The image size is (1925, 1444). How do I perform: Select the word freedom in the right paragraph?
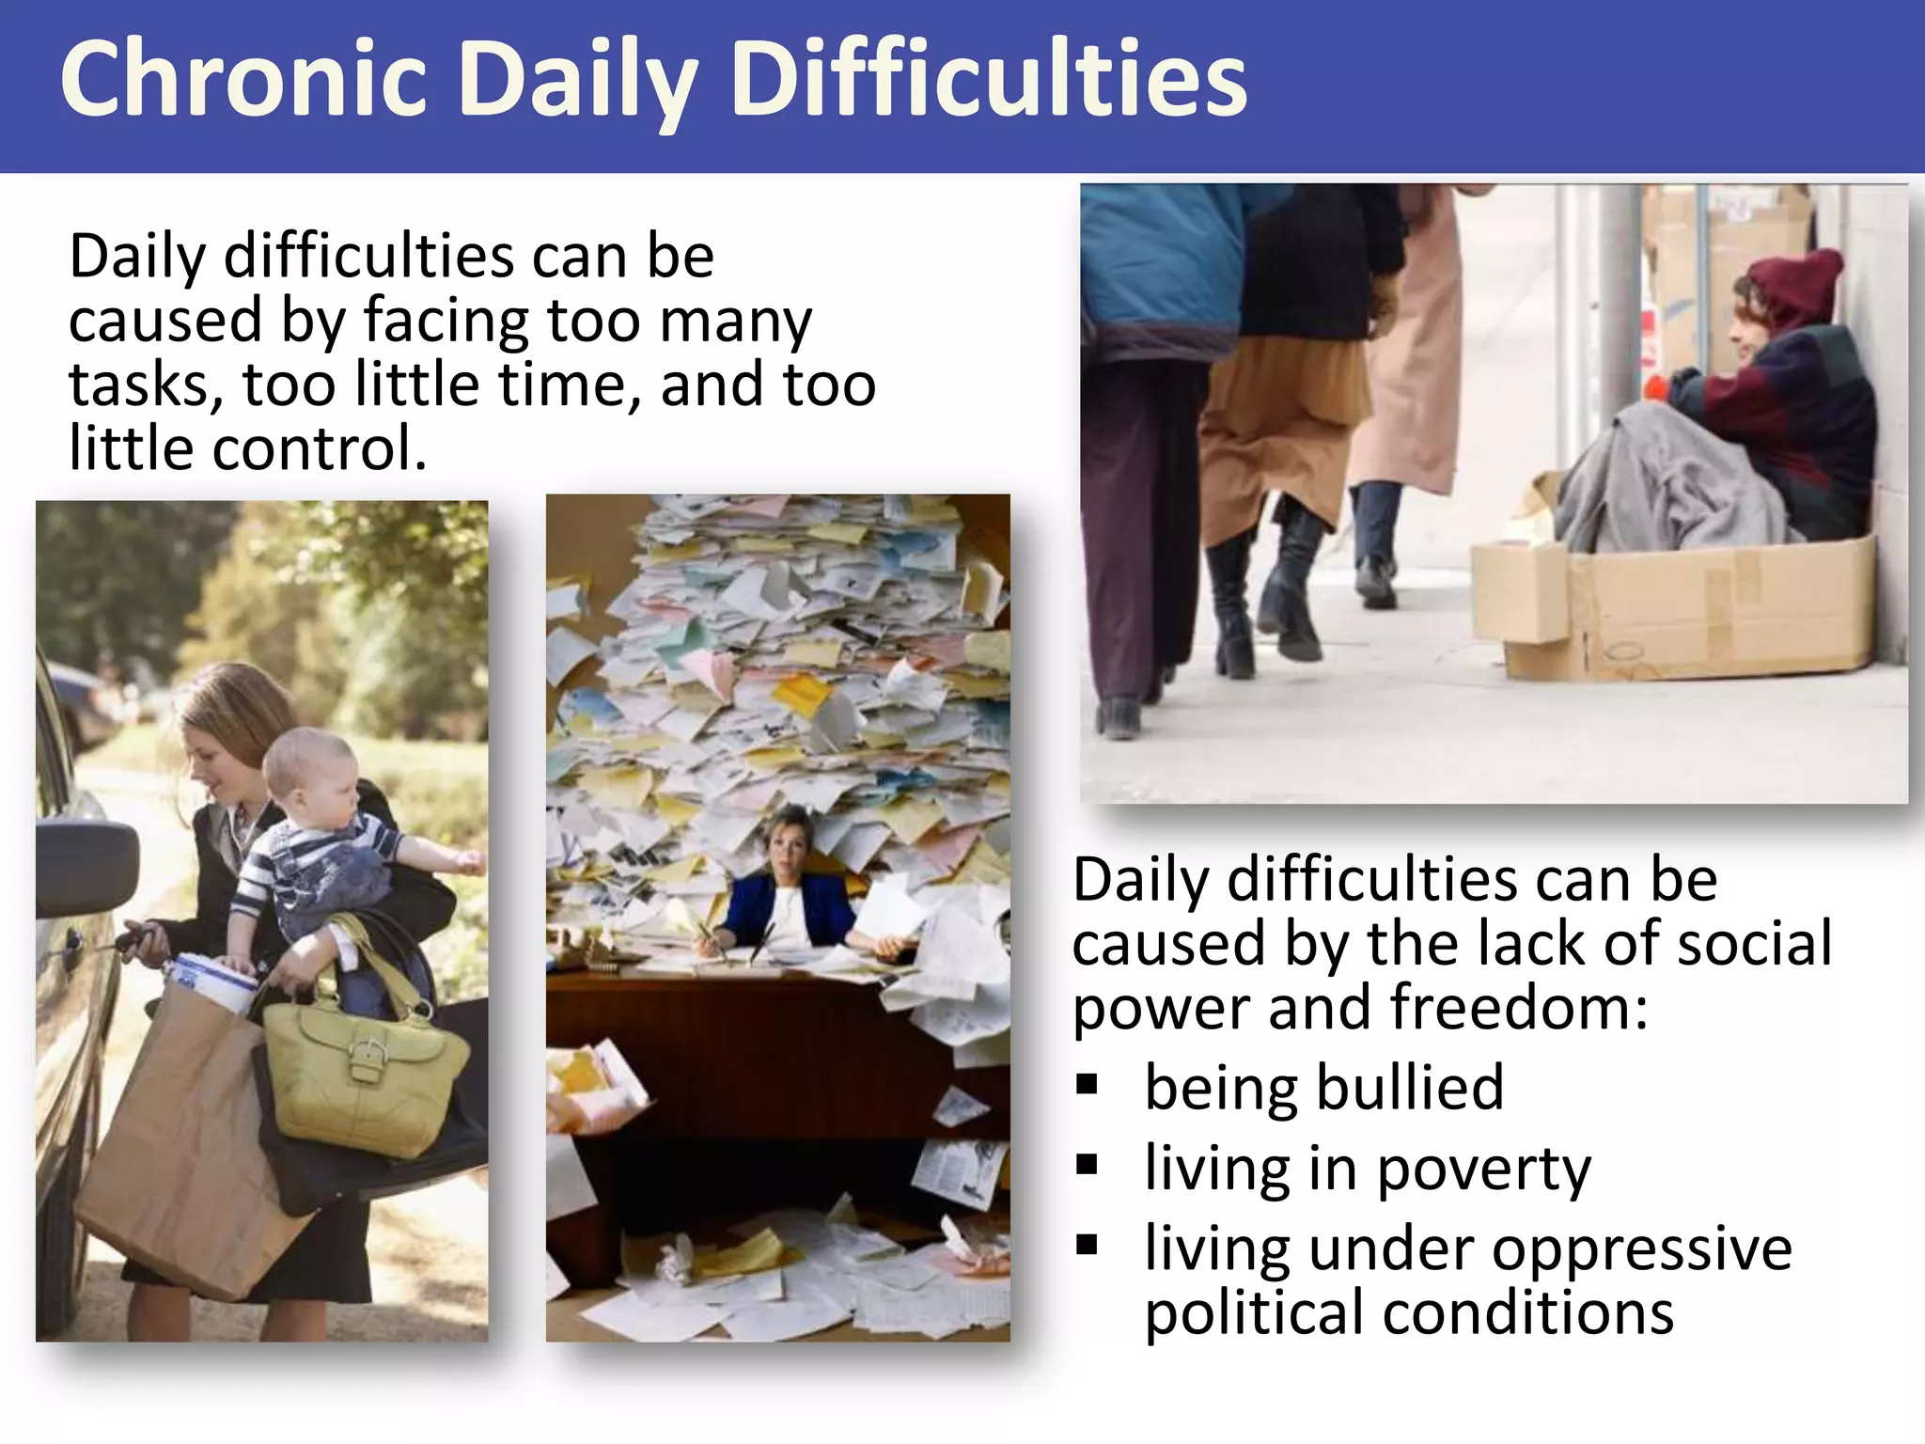pos(1517,1008)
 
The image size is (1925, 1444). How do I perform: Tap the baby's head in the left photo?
pos(305,766)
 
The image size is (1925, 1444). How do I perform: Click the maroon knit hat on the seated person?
pos(1795,282)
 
